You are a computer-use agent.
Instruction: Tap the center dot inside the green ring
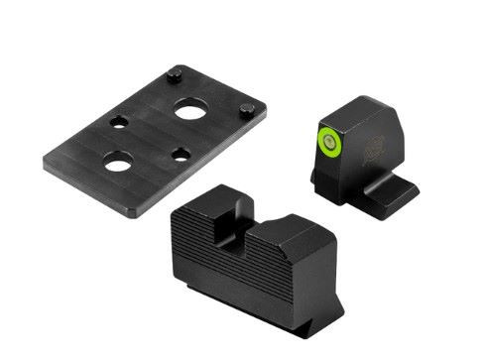point(328,139)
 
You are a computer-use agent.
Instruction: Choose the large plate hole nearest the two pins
point(189,111)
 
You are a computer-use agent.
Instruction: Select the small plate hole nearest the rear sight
point(181,154)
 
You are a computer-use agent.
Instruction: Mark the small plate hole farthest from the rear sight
point(118,122)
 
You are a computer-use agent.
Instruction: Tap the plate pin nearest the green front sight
point(249,108)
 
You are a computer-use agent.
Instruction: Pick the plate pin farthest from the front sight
point(175,71)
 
